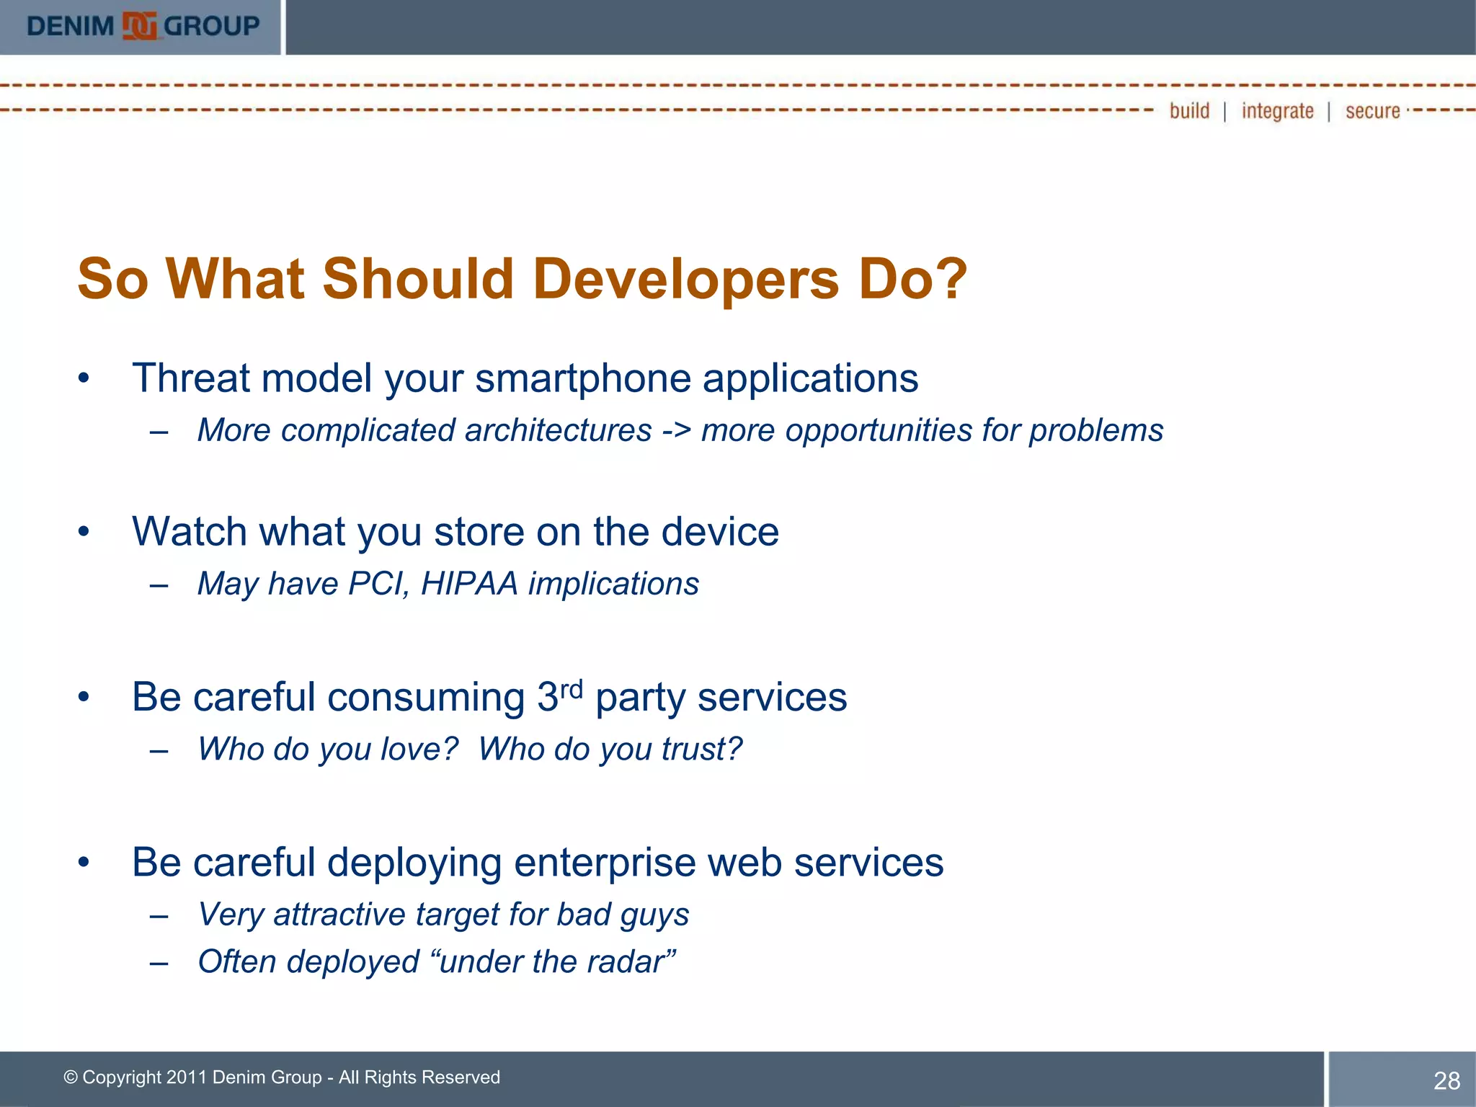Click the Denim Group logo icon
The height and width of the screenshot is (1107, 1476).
(139, 27)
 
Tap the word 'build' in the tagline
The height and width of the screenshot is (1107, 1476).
(1189, 111)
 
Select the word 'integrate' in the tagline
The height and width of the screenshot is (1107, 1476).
(1277, 111)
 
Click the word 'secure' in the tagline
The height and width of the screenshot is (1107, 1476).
(1372, 111)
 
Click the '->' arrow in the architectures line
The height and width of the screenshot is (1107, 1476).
(676, 431)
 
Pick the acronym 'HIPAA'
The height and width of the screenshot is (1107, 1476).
(469, 584)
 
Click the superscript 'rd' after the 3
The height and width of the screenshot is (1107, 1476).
(572, 689)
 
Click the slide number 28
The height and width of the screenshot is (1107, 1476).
(1446, 1080)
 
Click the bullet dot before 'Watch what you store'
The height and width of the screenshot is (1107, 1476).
(84, 532)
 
